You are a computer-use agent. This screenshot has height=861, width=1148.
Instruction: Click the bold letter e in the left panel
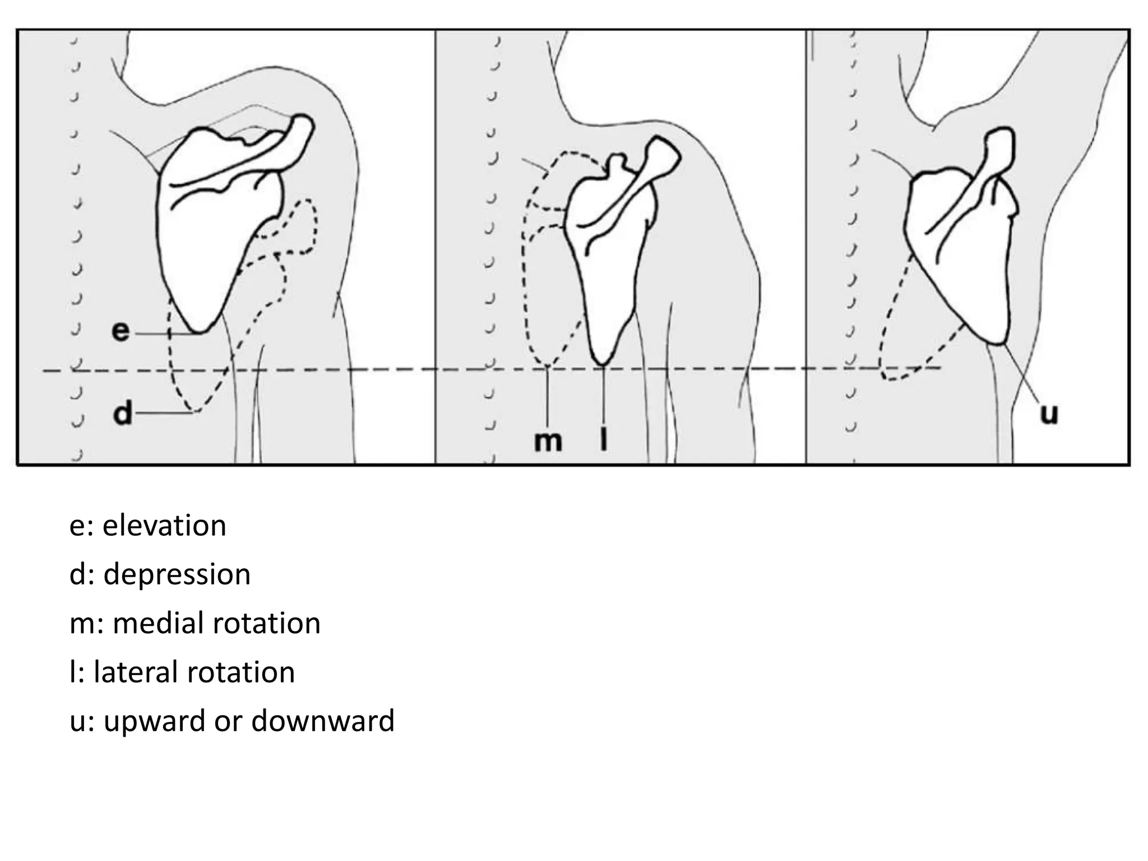pos(120,331)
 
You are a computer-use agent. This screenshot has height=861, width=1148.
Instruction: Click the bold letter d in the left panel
pos(123,414)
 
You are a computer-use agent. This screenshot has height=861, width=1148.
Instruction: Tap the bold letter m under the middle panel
pos(547,441)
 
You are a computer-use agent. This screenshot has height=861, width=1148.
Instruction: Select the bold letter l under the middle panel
pos(603,441)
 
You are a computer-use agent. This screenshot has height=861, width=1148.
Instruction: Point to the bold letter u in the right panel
pos(1049,414)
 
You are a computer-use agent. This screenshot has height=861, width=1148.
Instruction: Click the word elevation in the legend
pos(164,526)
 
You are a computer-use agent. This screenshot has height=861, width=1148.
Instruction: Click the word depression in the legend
pos(177,575)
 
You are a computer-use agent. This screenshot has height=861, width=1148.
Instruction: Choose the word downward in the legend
pos(323,721)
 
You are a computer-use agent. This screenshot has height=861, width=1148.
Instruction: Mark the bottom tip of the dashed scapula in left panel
pos(193,411)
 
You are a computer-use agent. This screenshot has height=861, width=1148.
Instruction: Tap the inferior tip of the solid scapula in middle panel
pos(603,364)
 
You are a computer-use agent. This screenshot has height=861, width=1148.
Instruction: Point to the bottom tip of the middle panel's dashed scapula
pos(547,365)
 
